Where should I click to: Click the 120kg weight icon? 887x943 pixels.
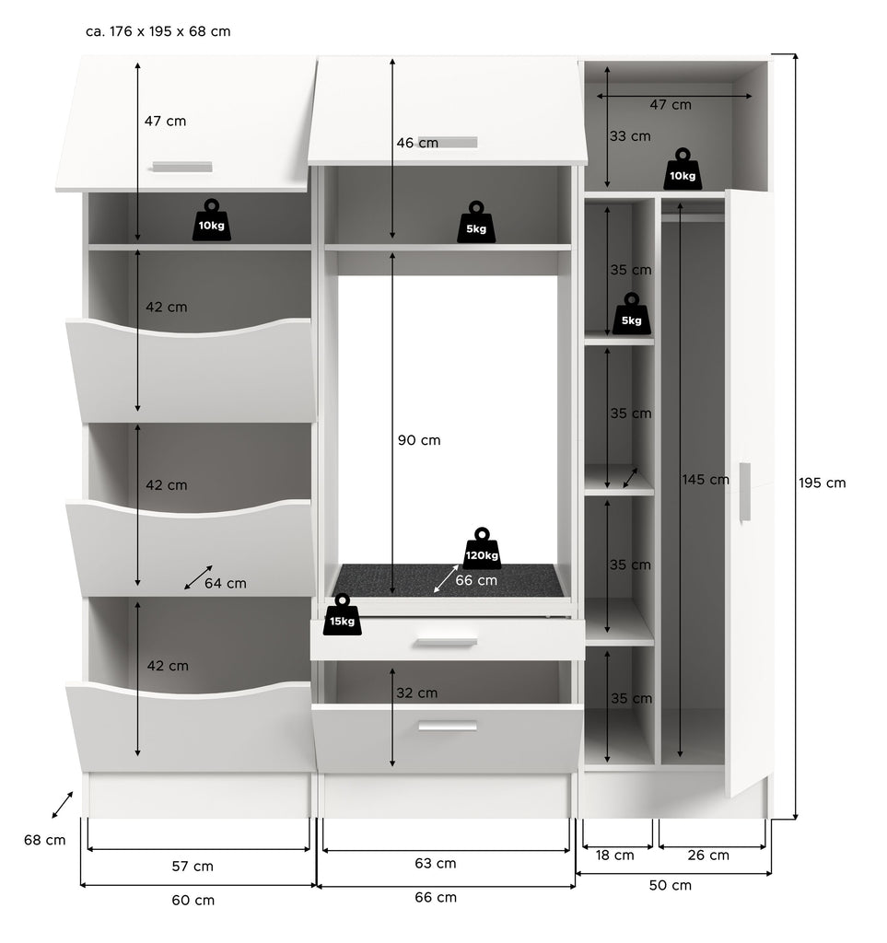pos(482,548)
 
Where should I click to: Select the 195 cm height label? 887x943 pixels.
pos(822,483)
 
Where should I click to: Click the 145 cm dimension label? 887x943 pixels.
pos(706,480)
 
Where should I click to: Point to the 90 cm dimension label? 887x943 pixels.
pos(419,440)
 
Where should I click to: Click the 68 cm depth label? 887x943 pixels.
pos(45,840)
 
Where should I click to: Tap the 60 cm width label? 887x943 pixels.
pos(193,901)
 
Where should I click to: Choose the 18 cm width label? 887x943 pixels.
pos(614,856)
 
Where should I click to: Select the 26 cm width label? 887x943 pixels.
pos(708,856)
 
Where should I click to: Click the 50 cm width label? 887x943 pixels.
pos(671,885)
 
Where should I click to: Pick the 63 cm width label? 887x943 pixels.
pos(436,864)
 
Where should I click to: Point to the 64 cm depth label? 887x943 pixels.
pos(226,583)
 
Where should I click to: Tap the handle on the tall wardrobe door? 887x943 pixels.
pos(745,492)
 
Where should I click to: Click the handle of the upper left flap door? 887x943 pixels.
pos(182,167)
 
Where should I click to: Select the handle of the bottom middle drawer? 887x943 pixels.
pos(448,726)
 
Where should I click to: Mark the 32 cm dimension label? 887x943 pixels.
pos(416,693)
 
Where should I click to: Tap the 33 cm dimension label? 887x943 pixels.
pos(630,136)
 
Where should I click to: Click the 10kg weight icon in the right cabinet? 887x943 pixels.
pos(683,169)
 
